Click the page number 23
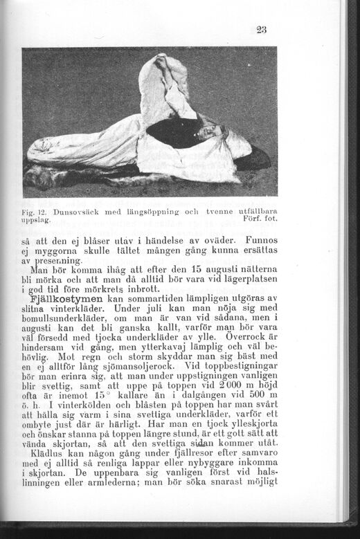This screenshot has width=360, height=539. click(x=261, y=29)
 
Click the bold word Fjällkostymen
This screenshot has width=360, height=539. click(x=66, y=298)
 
